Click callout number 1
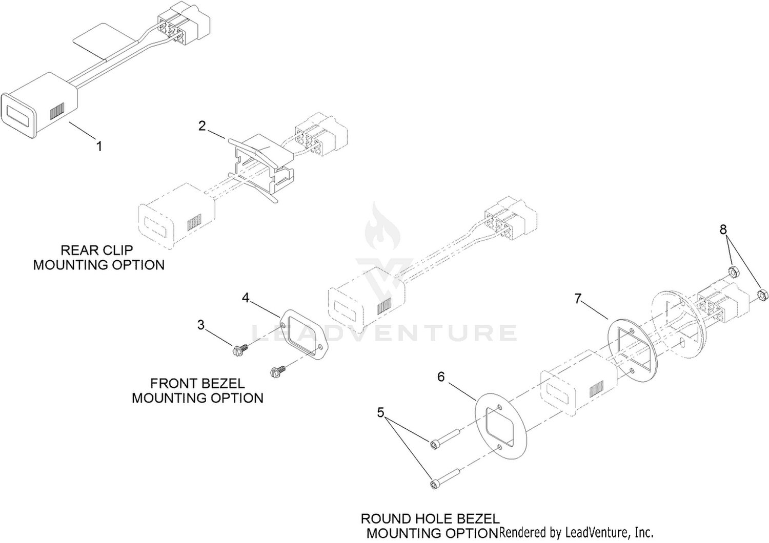(x=99, y=147)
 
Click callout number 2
(x=202, y=126)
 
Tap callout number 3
(x=201, y=324)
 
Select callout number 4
(x=246, y=298)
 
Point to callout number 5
(x=380, y=412)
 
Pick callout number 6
(x=441, y=377)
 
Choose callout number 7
(x=578, y=299)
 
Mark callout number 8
(x=723, y=229)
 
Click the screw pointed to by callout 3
(x=240, y=349)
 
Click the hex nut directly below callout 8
(x=733, y=273)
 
